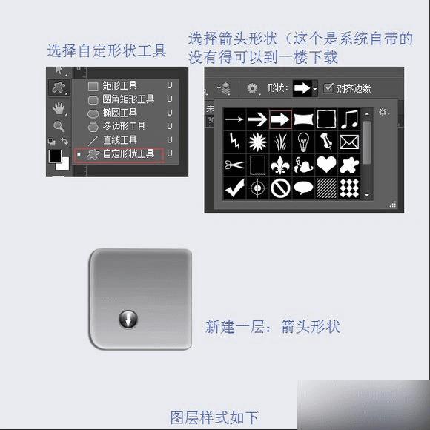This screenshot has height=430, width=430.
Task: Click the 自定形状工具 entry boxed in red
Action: [119, 155]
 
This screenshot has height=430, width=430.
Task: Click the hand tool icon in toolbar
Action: [59, 108]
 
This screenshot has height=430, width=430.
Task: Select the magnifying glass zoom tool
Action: [59, 126]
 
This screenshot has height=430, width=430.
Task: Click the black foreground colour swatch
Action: [55, 156]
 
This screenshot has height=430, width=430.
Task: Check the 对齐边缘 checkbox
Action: [328, 87]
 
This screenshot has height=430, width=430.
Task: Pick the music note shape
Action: [349, 119]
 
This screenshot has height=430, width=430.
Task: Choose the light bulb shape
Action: [303, 142]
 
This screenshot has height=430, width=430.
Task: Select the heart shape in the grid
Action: [326, 165]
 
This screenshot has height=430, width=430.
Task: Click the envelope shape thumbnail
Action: [349, 142]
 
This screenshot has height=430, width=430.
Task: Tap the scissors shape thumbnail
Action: [234, 165]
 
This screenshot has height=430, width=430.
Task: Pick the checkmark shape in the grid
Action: [234, 188]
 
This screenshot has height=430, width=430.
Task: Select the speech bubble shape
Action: [303, 188]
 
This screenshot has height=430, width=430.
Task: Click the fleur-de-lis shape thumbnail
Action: [280, 165]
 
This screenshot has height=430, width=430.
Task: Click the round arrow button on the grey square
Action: [128, 320]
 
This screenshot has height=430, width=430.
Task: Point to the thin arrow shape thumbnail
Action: [234, 119]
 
